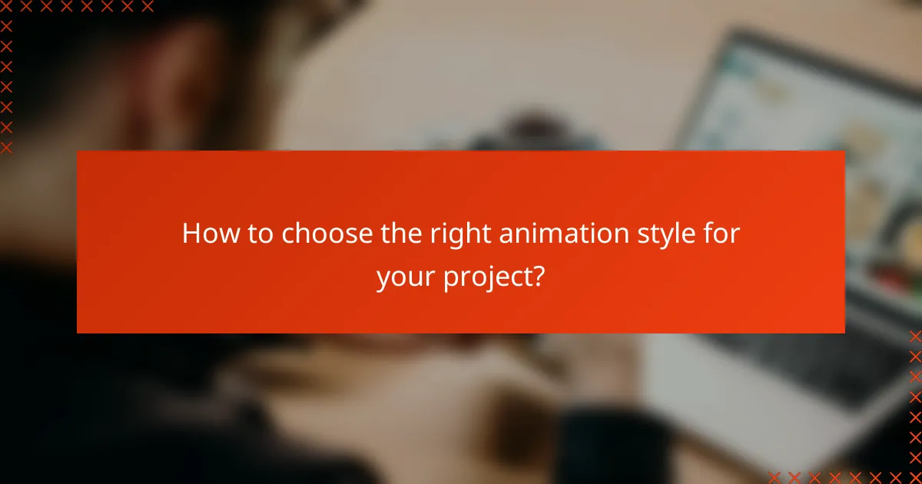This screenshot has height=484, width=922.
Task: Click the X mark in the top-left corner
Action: tap(7, 7)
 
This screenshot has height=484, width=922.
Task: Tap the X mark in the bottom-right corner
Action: tap(914, 476)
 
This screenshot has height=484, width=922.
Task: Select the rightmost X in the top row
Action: tap(147, 7)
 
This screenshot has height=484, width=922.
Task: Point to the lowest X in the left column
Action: tap(7, 147)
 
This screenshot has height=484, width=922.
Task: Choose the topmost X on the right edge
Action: tap(914, 336)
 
